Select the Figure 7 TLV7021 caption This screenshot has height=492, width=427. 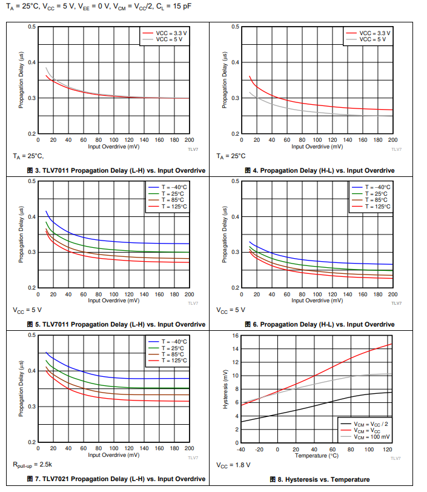(116, 479)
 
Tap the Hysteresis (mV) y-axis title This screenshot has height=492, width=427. (225, 388)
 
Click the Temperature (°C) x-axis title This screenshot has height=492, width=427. (317, 455)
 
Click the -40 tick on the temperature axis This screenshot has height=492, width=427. (241, 449)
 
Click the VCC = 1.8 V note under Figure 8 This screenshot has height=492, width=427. (233, 465)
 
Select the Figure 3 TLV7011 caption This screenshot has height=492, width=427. (116, 171)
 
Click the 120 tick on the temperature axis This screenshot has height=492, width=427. (387, 449)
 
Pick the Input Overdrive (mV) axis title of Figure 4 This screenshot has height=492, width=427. (317, 146)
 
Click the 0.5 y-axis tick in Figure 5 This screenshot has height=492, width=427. (32, 181)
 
